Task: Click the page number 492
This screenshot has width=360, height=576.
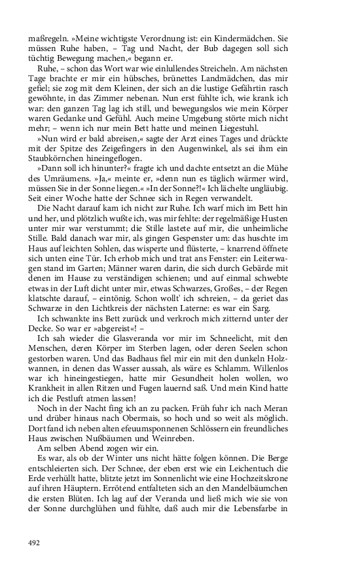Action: [34, 543]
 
